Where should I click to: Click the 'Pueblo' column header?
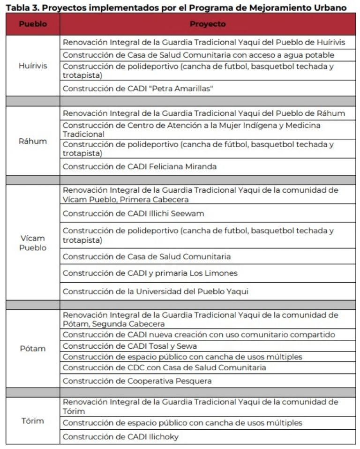pos(32,24)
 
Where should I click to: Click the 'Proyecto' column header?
pos(207,24)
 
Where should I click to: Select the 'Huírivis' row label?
pos(32,66)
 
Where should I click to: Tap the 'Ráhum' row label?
pos(32,141)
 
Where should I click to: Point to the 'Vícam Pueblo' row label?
pos(32,243)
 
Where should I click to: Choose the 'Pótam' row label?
pos(32,348)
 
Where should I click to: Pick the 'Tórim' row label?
pos(32,420)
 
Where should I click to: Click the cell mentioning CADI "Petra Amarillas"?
pos(138,88)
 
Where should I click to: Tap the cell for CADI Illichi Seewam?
pos(133,213)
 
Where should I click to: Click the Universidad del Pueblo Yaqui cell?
pos(155,291)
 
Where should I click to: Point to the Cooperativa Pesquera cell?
pos(137,381)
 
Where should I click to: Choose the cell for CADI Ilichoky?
pos(120,437)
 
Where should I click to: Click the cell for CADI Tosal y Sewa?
pos(129,346)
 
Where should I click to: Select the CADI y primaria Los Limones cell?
pos(150,273)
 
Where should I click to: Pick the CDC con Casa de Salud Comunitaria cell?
pos(164,367)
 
